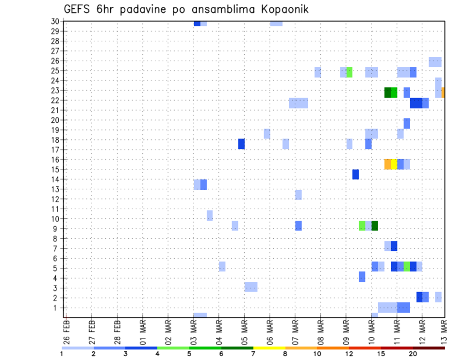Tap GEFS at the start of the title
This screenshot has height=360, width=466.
[77, 9]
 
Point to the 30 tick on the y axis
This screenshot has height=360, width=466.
[55, 21]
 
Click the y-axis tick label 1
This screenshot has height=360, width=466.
[57, 308]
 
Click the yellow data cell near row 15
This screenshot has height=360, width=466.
[394, 164]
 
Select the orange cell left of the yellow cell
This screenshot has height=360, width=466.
[388, 164]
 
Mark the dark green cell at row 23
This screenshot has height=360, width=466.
[388, 92]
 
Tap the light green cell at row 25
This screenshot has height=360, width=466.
[349, 72]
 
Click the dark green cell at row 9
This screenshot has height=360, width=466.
[375, 226]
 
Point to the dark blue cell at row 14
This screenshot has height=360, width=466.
[356, 175]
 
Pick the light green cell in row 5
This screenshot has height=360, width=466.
[407, 266]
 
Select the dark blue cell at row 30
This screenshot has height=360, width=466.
[197, 23]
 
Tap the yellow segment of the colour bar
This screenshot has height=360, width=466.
[269, 348]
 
